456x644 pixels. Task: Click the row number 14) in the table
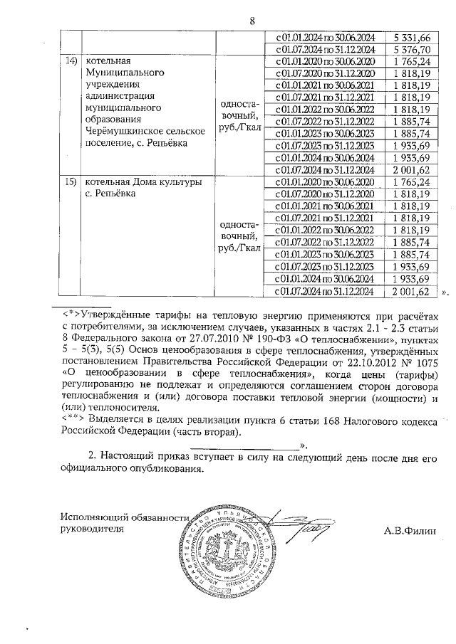(71, 63)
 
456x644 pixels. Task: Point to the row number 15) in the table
(71, 182)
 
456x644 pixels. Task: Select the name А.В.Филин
(410, 529)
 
